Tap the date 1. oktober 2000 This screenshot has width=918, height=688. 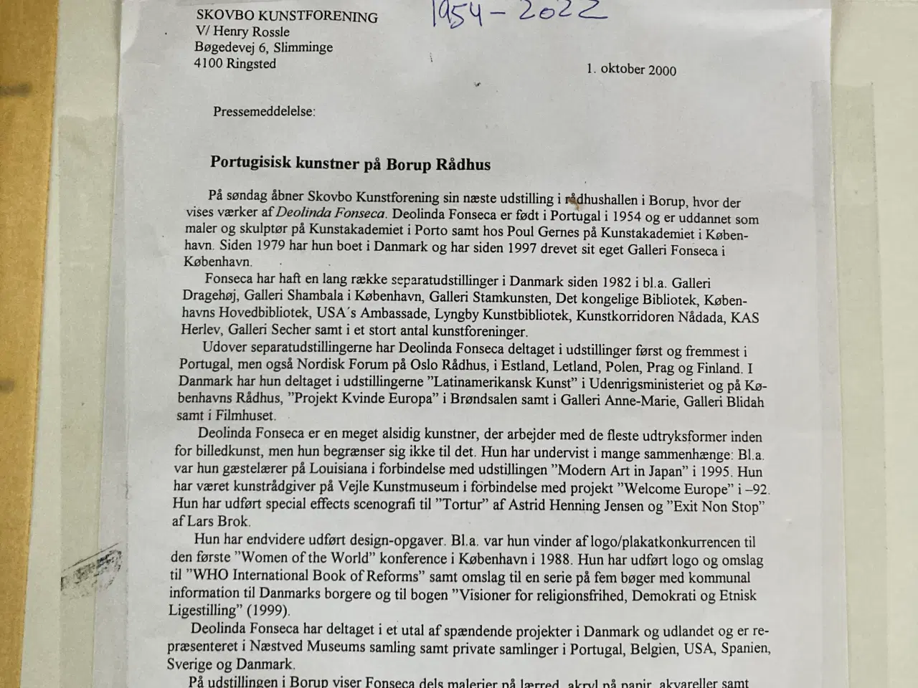coord(630,70)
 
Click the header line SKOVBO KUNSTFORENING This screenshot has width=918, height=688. coord(287,16)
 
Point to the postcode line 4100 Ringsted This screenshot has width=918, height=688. coord(235,64)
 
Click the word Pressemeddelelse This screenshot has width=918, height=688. coord(263,112)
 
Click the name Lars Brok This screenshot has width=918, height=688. coord(220,522)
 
